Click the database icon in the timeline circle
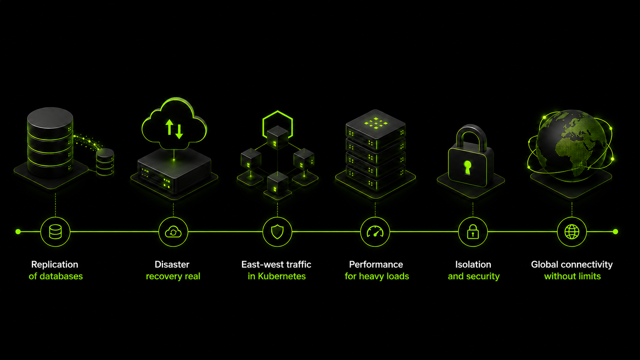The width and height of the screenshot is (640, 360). pos(55,231)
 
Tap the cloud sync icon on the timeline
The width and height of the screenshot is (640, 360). pos(173,232)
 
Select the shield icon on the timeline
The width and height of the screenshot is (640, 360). pos(277,232)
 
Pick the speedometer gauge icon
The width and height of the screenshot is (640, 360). pos(375,231)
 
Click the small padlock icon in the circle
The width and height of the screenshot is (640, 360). pos(473,231)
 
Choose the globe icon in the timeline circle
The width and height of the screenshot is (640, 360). pos(572,231)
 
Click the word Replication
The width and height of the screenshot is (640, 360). pos(55,265)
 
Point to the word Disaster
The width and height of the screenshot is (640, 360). pos(172,264)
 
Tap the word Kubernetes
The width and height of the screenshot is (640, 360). pos(282,276)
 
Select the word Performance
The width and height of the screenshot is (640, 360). pos(376,264)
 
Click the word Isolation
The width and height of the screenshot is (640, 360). pos(473,264)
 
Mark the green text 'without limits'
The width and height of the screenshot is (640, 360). pos(572,276)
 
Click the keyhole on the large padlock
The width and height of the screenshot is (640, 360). pos(467,167)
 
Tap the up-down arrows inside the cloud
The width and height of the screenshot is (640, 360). pos(174,129)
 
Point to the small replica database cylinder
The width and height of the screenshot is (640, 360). pos(105,161)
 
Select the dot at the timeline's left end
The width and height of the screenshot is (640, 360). pos(18,231)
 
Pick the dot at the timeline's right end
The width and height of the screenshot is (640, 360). pos(616,231)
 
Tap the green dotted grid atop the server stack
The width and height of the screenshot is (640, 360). pos(376,123)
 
